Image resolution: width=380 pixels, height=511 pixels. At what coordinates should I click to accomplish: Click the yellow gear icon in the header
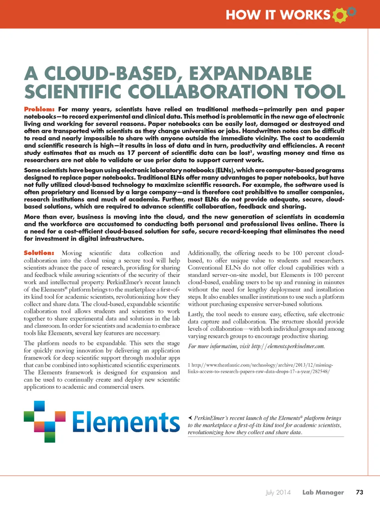tap(340, 15)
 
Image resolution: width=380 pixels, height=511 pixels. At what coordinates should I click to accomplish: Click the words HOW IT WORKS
tap(278, 15)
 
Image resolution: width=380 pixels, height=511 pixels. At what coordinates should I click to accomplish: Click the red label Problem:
tap(39, 109)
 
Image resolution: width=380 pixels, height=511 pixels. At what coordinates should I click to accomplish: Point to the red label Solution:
tap(39, 253)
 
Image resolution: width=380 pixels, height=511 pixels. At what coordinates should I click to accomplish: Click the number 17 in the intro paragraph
tap(131, 153)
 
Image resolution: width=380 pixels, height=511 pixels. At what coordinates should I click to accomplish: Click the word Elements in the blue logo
tap(126, 422)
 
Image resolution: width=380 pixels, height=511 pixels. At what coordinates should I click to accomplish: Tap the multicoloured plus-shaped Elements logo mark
tap(44, 421)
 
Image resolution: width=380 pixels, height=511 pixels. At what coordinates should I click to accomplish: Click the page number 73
tap(359, 492)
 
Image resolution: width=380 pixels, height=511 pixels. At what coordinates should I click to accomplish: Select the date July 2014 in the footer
tap(278, 492)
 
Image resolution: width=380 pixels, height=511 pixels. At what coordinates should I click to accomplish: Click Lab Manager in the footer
tap(323, 492)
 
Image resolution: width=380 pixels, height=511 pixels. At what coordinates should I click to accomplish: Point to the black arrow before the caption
tap(190, 418)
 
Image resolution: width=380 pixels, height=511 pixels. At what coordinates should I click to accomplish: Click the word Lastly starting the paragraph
tap(196, 314)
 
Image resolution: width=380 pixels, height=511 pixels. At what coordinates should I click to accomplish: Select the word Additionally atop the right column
tap(204, 253)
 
